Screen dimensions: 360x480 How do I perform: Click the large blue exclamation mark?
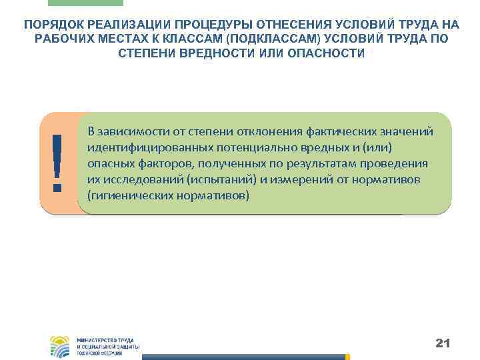(57, 163)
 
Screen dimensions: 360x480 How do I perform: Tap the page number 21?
(443, 343)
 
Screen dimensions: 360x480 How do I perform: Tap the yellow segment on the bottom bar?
(347, 357)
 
